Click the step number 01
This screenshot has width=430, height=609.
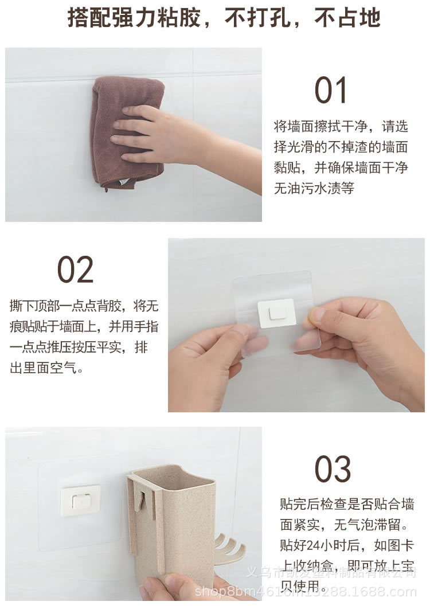331,91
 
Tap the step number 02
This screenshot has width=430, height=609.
75,270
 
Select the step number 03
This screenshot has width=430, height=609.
332,470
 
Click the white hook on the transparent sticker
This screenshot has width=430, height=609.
276,313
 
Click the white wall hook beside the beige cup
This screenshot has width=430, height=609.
80,500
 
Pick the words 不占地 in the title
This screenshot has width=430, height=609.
347,18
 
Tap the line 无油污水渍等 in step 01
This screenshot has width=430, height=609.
314,188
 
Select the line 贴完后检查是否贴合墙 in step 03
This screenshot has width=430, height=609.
347,504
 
